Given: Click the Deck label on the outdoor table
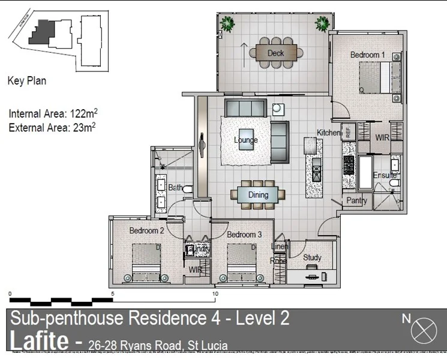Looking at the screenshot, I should tap(275, 53).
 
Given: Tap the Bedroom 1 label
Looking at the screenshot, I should tap(367, 55).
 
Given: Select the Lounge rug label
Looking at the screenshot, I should tap(246, 140).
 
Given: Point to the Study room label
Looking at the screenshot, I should tap(312, 257).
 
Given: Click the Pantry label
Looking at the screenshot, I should tap(356, 201).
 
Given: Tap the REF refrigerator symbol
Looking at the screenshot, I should tap(347, 131).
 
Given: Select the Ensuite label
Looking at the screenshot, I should tap(385, 175).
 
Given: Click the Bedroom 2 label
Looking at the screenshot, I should tap(146, 230).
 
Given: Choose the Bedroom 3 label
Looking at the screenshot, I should tap(244, 234).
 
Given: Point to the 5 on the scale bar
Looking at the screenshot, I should tap(112, 294).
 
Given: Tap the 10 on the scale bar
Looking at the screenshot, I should tap(215, 294).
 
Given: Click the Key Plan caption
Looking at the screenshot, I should tap(26, 80).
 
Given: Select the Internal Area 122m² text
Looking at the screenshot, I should tap(53, 113).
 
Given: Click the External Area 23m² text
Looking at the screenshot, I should tap(53, 127).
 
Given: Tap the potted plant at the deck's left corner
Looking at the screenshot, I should tap(227, 25).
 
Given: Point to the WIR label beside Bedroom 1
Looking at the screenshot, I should tap(383, 137).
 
